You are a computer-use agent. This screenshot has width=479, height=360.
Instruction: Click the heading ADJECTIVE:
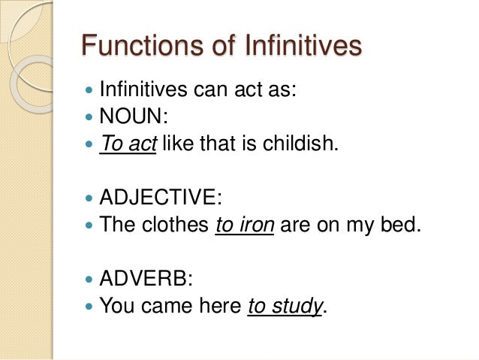point(161,198)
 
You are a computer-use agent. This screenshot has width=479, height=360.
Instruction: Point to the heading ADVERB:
point(146,280)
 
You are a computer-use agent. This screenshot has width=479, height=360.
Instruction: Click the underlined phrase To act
point(127,144)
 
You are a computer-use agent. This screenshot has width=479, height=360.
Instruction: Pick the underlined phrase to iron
point(243,225)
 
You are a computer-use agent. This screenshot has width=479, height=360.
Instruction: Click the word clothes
point(174,225)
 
